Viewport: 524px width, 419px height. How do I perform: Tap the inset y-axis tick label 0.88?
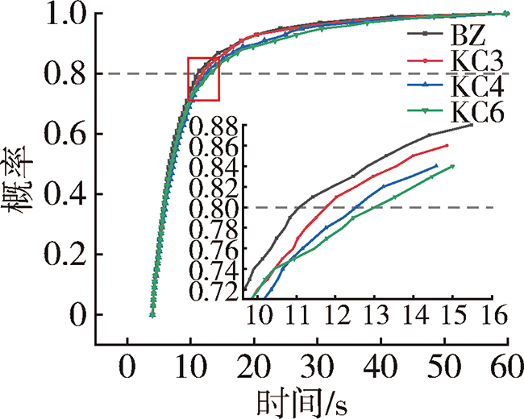[215, 127]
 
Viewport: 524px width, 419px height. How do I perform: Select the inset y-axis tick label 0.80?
[215, 208]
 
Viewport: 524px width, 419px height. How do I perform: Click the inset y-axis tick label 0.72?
[215, 290]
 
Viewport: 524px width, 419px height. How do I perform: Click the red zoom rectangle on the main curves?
[203, 79]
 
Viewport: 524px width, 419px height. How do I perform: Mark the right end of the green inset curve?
[453, 166]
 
